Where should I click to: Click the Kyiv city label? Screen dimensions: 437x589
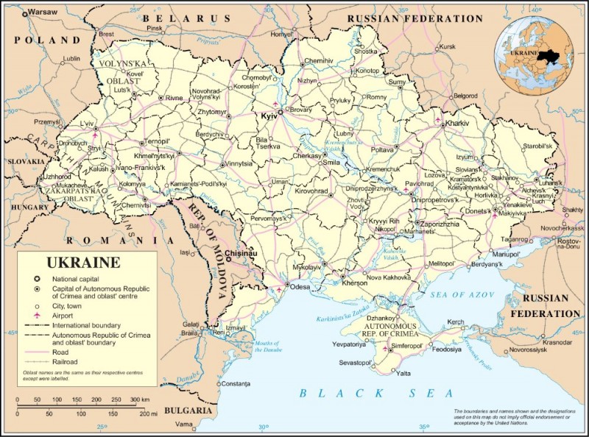[x=267, y=116]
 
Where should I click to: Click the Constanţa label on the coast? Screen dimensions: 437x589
[x=235, y=384]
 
